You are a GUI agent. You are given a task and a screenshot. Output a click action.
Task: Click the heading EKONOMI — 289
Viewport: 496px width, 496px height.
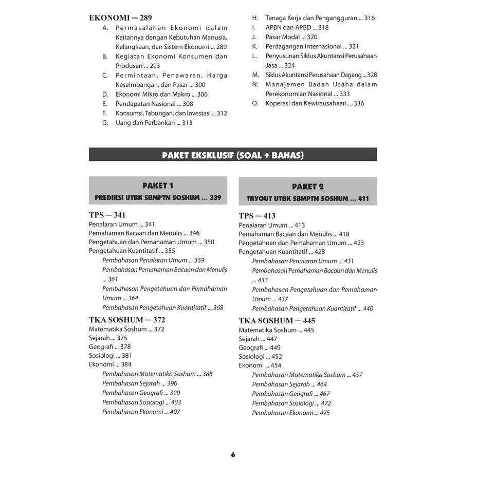tap(120, 18)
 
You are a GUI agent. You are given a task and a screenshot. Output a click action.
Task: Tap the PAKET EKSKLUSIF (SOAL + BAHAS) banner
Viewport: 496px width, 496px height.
tap(233, 155)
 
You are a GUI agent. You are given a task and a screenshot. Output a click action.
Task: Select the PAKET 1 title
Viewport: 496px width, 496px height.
tap(158, 186)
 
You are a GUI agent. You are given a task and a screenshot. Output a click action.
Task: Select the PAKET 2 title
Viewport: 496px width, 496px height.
tap(307, 187)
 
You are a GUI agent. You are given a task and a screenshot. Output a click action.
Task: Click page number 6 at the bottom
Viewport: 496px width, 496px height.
tap(233, 454)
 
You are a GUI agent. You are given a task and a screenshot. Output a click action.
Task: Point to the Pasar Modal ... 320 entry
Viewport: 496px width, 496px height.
tap(291, 37)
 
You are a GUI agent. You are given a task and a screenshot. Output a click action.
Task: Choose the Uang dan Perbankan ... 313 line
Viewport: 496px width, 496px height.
tap(154, 123)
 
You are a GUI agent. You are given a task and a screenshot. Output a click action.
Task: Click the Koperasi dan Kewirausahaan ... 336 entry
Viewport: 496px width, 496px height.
tap(314, 103)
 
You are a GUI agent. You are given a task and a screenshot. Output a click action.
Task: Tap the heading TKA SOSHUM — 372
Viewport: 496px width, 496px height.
tap(127, 320)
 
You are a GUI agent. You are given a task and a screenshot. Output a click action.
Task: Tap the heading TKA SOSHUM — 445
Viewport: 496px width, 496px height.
tap(277, 321)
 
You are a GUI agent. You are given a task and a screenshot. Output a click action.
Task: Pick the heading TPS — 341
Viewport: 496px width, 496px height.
tap(107, 215)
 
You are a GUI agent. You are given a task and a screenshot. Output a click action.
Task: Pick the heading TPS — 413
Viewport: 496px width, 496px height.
tap(257, 216)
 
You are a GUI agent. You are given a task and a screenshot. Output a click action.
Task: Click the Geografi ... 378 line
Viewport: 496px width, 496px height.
tap(109, 347)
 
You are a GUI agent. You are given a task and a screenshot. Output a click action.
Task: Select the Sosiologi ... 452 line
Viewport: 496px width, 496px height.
tap(260, 356)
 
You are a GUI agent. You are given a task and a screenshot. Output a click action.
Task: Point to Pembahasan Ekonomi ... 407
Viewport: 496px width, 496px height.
tap(141, 412)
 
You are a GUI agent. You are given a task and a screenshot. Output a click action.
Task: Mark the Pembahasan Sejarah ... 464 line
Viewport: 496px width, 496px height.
tap(289, 384)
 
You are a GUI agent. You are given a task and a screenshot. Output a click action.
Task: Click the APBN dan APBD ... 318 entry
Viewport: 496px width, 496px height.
tap(297, 28)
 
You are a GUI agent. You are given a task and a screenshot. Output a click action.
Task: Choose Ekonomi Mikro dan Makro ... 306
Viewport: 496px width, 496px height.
tap(161, 94)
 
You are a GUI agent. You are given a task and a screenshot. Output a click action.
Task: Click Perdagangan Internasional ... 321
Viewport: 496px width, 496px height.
tap(312, 46)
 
